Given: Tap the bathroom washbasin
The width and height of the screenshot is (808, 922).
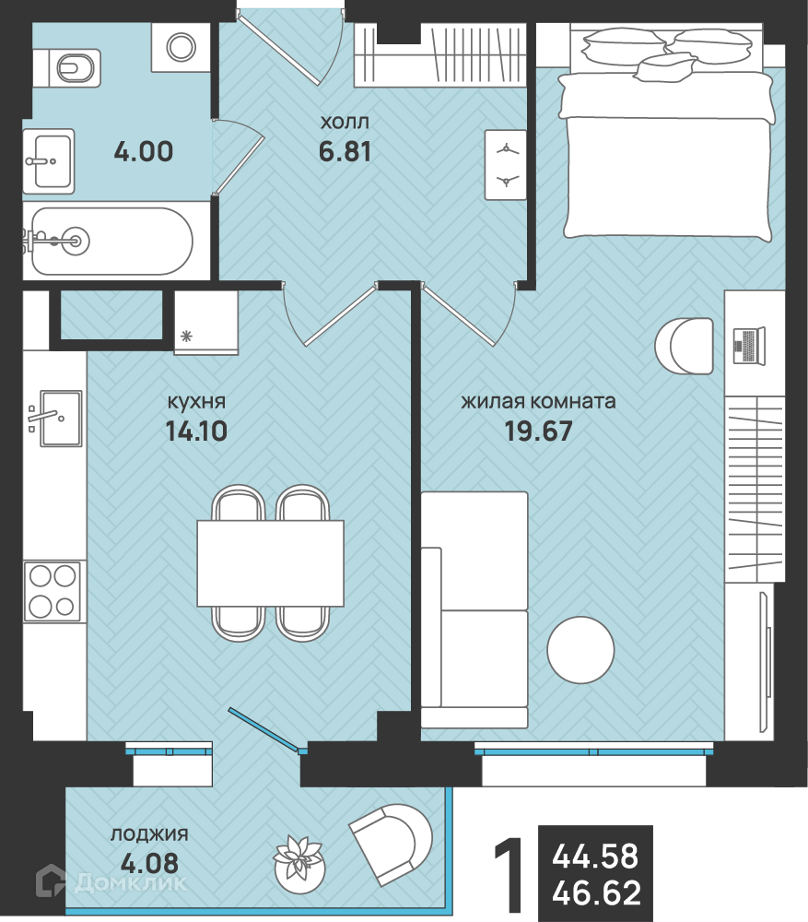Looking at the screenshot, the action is click(x=49, y=161).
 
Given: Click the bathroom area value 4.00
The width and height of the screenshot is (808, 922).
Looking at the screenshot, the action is click(x=144, y=152).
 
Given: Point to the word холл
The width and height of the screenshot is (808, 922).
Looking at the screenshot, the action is click(x=345, y=123).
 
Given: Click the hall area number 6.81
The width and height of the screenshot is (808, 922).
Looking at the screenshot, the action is click(x=345, y=152).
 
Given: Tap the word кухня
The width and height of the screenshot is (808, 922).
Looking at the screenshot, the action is click(x=196, y=402).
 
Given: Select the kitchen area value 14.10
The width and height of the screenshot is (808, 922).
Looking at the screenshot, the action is click(x=196, y=431).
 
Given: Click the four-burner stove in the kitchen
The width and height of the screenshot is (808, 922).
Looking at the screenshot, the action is click(x=52, y=591).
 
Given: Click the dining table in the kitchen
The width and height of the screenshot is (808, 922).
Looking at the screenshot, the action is click(x=270, y=563).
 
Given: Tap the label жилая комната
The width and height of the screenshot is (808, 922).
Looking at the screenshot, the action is click(x=538, y=402).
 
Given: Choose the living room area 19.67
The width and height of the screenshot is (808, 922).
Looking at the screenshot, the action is click(x=538, y=431).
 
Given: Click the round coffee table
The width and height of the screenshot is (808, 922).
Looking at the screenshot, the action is click(x=580, y=650).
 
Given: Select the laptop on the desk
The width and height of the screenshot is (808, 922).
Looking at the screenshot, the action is click(x=749, y=346).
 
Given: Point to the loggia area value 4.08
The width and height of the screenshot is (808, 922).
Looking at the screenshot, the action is click(x=149, y=863).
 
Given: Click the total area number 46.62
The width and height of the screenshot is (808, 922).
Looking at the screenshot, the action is click(x=596, y=892).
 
